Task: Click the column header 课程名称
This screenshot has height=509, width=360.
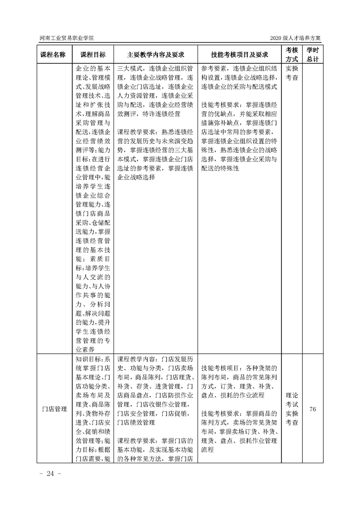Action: point(53,54)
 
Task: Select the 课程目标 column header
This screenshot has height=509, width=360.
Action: point(93,54)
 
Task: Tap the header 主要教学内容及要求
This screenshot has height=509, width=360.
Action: point(156,54)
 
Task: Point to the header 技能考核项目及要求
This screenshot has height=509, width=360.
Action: point(239,54)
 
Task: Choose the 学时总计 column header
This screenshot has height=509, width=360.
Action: point(312,54)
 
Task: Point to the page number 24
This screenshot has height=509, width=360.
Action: point(47,474)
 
